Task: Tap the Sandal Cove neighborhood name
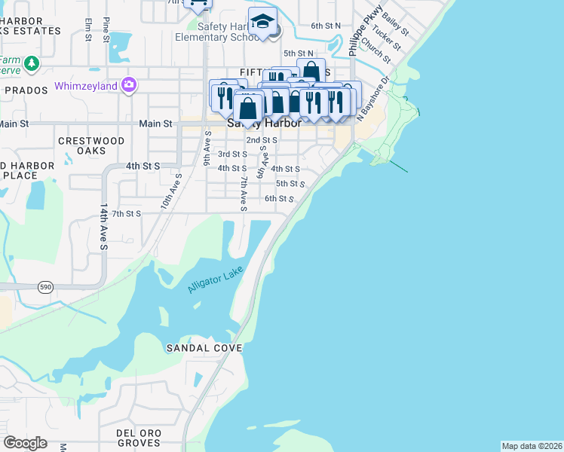[204, 348]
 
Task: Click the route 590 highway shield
[44, 286]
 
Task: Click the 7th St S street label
[127, 214]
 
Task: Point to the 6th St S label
[279, 199]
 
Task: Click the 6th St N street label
[326, 26]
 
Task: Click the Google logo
[26, 443]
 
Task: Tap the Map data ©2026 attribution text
[531, 446]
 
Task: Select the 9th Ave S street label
[207, 148]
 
